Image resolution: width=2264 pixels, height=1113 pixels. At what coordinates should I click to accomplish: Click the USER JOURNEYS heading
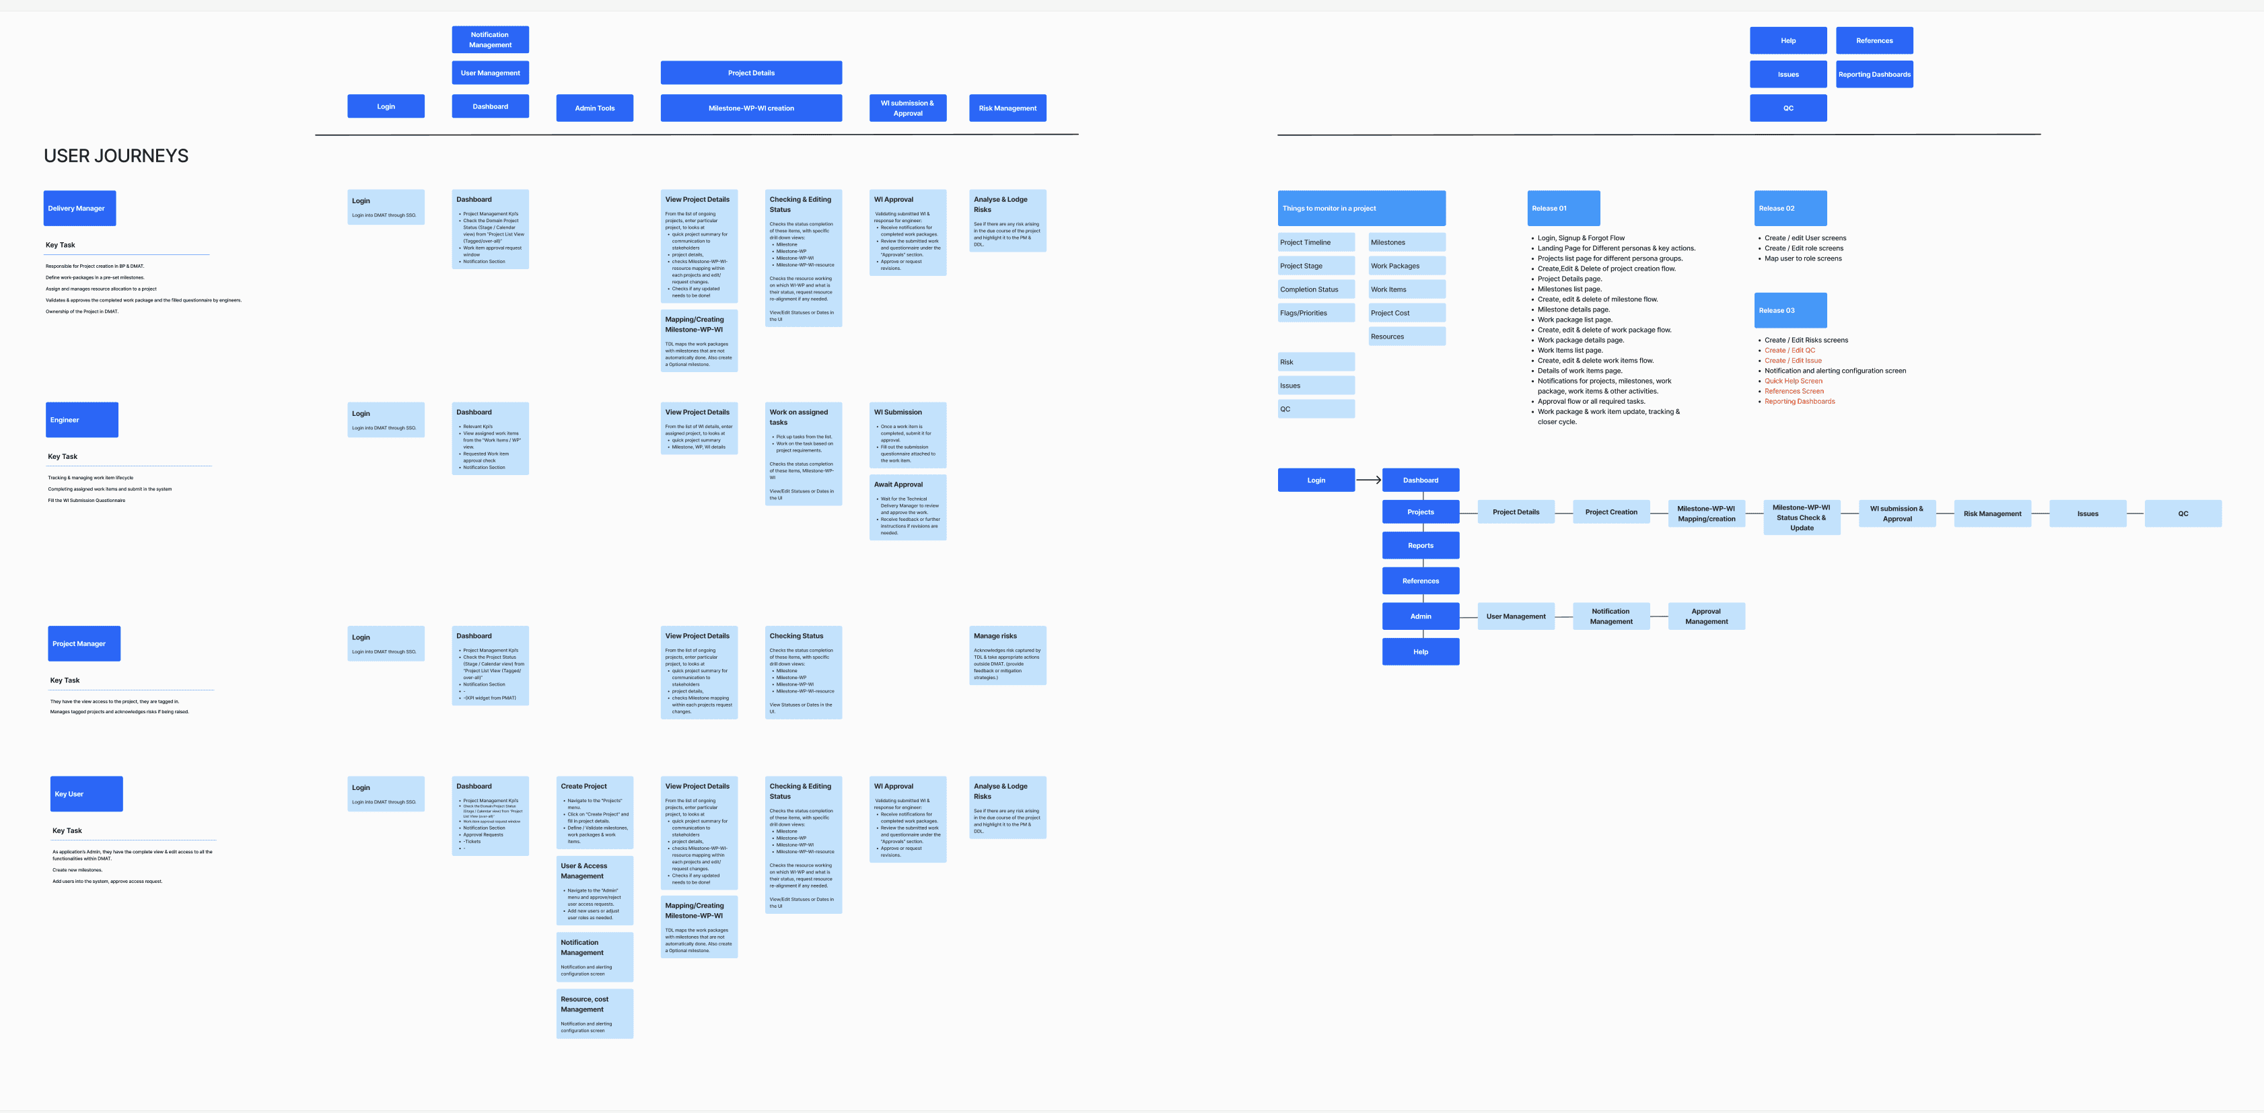tap(116, 155)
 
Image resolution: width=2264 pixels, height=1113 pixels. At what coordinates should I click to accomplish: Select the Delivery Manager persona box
tap(79, 208)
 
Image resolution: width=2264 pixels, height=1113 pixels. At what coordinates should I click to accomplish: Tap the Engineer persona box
tap(81, 420)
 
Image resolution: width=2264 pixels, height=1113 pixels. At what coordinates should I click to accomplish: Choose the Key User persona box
tap(86, 794)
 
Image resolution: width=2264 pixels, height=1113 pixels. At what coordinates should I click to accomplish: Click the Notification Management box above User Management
tap(489, 40)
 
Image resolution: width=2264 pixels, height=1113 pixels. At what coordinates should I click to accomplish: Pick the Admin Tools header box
tap(594, 108)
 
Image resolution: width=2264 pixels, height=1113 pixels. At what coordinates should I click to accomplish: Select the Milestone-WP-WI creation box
tap(750, 108)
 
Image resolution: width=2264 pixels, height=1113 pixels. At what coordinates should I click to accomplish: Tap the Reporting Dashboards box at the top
tap(1874, 75)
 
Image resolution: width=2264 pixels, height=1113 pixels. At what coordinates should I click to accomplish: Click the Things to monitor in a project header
tap(1361, 208)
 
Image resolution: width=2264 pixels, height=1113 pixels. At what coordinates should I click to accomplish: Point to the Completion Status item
tap(1316, 289)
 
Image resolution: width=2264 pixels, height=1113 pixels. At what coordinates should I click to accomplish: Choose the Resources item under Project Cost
tap(1406, 336)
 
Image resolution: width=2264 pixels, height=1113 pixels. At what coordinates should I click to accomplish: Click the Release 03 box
tap(1790, 310)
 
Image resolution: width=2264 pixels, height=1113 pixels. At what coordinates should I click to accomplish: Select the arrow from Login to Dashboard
tap(1368, 480)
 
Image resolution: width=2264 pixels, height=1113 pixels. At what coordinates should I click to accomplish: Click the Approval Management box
tap(1706, 616)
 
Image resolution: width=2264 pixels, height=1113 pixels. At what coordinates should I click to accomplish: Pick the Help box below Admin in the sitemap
tap(1420, 652)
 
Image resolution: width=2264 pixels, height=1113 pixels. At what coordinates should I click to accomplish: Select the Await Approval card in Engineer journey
tap(907, 507)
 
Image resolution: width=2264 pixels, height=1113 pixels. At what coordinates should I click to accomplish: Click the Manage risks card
tap(1007, 655)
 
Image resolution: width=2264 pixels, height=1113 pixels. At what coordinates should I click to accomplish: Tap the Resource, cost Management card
tap(594, 1013)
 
